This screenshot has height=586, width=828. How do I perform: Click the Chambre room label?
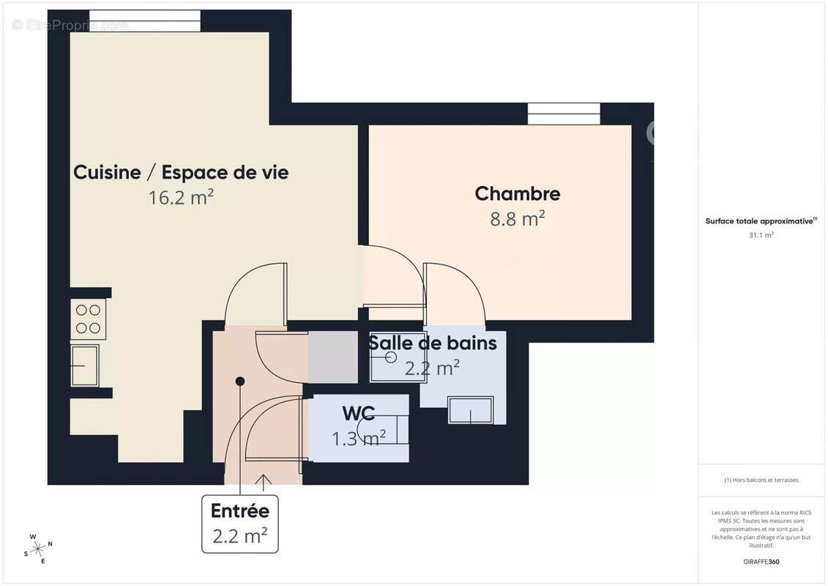(x=517, y=193)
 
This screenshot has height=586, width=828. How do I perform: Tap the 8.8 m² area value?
(x=517, y=218)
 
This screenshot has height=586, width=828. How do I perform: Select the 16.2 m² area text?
(x=180, y=197)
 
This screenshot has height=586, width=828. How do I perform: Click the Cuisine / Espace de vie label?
(x=181, y=173)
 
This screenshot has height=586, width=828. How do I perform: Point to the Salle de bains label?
(x=432, y=342)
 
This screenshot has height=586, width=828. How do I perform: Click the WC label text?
(x=359, y=414)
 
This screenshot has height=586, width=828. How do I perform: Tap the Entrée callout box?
(x=239, y=524)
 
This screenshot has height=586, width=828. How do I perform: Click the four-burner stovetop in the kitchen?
(x=89, y=319)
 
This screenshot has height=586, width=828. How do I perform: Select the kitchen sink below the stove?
(x=86, y=365)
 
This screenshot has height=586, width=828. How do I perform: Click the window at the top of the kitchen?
(x=145, y=21)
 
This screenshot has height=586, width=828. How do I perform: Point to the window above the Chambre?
(x=564, y=114)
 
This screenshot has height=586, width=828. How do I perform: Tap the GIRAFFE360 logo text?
(x=761, y=563)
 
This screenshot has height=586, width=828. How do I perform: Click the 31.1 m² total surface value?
(x=761, y=235)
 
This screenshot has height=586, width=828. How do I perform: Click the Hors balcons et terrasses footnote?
(x=761, y=481)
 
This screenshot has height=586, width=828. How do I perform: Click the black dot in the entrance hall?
(x=239, y=381)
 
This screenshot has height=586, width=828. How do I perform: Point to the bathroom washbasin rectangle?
(x=471, y=410)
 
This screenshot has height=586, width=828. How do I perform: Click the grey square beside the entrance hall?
(x=332, y=357)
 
